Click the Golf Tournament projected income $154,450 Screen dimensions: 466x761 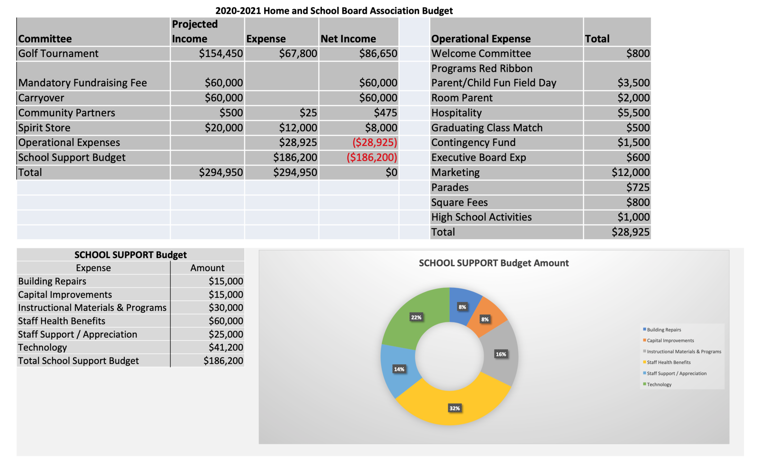[221, 54]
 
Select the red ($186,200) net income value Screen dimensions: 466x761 [372, 157]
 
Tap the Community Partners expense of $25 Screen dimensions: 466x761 [308, 113]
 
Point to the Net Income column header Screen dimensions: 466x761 [348, 39]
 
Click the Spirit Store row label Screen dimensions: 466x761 [44, 128]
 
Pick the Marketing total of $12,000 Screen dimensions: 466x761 [630, 172]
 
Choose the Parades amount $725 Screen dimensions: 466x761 [638, 187]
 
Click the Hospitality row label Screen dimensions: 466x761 [456, 113]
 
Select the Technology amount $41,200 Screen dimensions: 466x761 [226, 347]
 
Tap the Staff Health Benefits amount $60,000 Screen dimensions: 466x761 [226, 321]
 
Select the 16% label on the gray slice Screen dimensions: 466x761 [501, 354]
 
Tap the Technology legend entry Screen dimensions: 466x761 [659, 384]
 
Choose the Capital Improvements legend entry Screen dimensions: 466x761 [670, 340]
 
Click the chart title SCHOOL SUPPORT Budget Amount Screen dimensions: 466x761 [494, 263]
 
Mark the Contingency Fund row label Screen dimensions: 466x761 [473, 143]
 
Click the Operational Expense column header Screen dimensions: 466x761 [481, 39]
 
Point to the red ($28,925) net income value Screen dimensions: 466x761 [375, 143]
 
